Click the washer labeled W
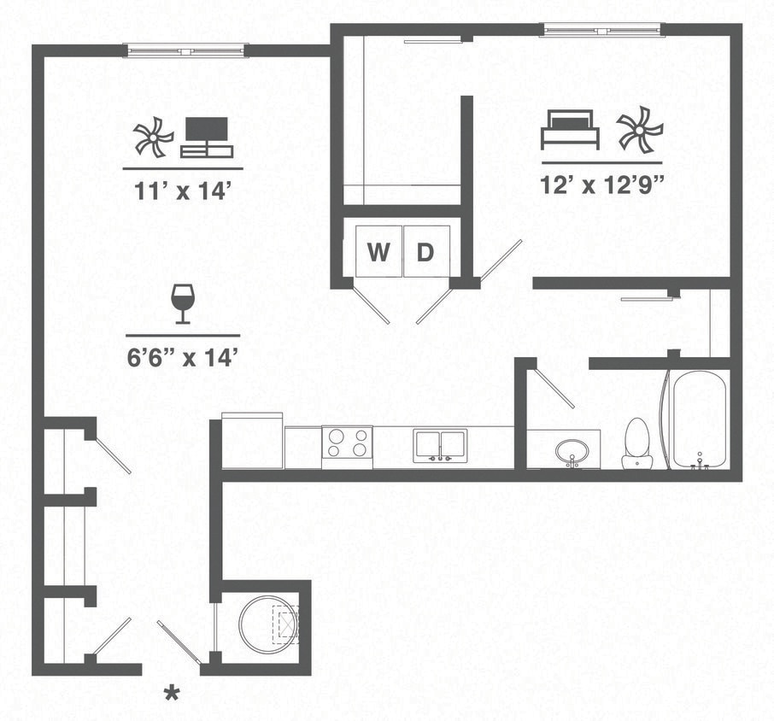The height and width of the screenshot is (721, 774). [x=378, y=252]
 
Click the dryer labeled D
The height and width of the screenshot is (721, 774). [x=425, y=252]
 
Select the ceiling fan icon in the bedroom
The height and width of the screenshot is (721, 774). [x=639, y=129]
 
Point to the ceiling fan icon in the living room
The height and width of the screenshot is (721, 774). [x=154, y=138]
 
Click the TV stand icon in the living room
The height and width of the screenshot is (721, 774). [x=206, y=138]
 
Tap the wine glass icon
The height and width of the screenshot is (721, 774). [x=182, y=304]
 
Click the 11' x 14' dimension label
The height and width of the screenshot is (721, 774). [x=184, y=191]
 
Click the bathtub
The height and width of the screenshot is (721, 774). [x=699, y=419]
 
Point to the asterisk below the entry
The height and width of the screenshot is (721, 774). [x=173, y=691]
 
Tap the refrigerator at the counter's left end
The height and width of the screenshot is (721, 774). [x=252, y=440]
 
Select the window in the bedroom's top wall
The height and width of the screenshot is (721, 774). [x=602, y=30]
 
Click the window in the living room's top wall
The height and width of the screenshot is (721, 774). [x=185, y=50]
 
